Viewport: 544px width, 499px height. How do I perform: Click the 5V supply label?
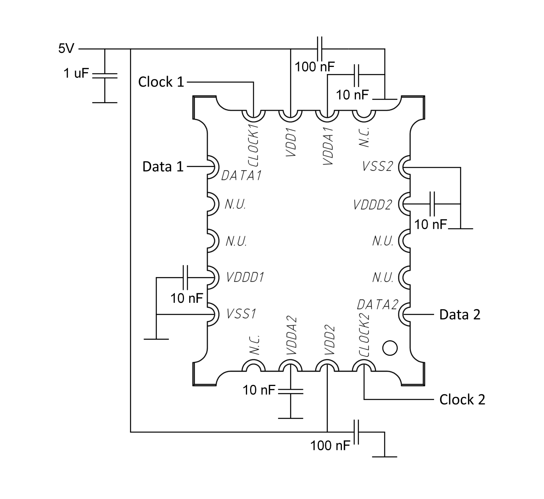click(66, 48)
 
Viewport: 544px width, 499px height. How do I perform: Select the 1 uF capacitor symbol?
click(105, 75)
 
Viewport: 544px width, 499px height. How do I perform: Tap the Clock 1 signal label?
click(161, 82)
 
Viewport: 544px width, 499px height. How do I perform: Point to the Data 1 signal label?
click(163, 166)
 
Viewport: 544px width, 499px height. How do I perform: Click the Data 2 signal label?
click(460, 315)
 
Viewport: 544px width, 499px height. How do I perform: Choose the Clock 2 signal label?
click(462, 400)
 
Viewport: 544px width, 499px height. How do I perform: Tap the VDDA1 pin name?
click(328, 146)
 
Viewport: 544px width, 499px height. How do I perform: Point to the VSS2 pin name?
click(378, 166)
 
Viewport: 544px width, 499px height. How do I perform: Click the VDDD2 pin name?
click(373, 205)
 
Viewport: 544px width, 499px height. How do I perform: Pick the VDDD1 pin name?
click(245, 277)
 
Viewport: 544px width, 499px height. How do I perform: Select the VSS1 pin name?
click(241, 314)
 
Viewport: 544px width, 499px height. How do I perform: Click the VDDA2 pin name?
click(291, 336)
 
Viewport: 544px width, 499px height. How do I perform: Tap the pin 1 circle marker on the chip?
click(389, 348)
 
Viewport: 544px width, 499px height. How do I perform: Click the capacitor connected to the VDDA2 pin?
click(291, 391)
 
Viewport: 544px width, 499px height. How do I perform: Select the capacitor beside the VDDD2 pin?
click(433, 204)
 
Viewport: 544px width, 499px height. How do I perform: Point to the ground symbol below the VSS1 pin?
click(156, 339)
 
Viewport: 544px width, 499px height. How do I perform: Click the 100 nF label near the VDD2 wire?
click(330, 445)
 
